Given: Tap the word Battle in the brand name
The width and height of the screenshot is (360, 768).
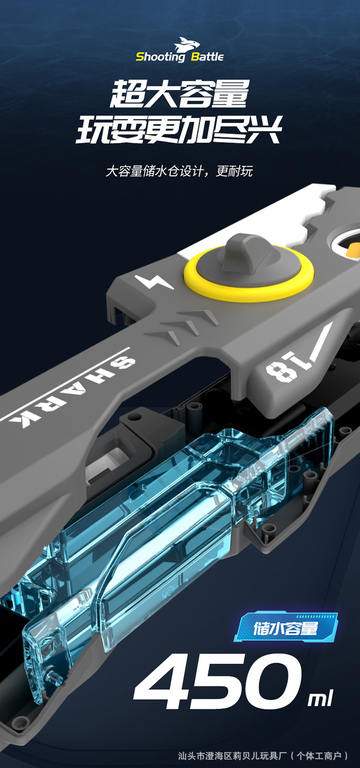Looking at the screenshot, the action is (x=207, y=57).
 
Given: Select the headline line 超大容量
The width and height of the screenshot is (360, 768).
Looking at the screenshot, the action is (x=179, y=93).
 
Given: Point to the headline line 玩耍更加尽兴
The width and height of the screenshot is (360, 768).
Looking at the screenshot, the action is (x=179, y=129).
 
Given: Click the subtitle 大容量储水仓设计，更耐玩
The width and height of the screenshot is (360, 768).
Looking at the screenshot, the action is (x=179, y=171).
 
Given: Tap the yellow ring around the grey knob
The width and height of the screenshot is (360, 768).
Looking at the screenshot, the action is (x=248, y=274).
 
